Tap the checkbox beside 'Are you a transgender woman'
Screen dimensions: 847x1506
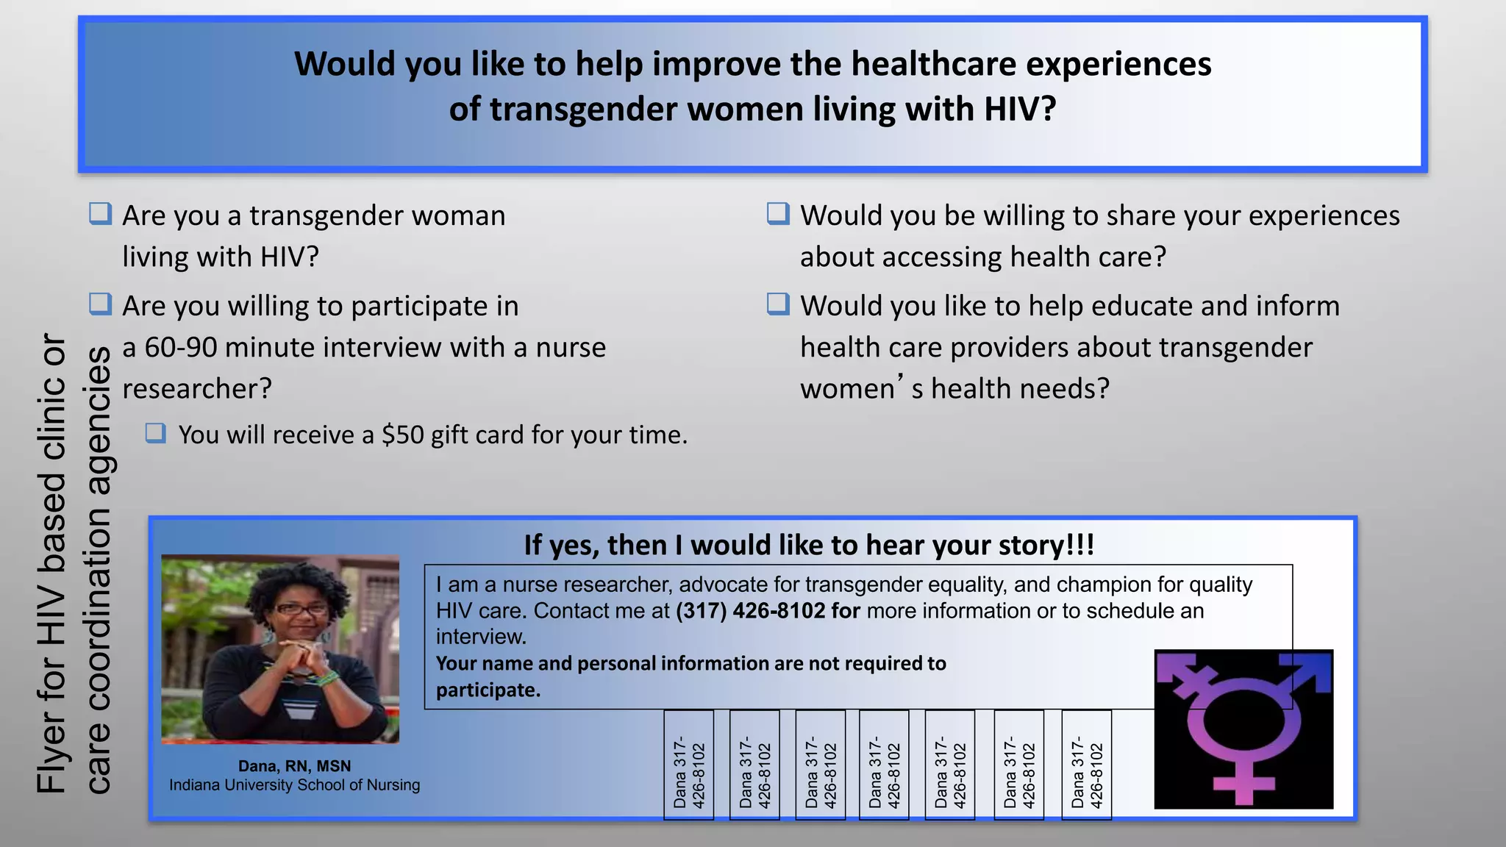tap(100, 214)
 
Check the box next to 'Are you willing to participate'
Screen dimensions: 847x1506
tap(100, 304)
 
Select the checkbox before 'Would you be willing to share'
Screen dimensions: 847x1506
tap(778, 214)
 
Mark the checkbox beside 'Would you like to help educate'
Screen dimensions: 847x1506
tap(778, 304)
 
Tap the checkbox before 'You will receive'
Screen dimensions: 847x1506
tap(155, 433)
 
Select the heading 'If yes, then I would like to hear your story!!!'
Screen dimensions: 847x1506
tap(809, 546)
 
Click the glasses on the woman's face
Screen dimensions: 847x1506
tap(301, 609)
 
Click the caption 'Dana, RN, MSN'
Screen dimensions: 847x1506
tap(294, 766)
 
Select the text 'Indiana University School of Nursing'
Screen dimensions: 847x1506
tap(294, 785)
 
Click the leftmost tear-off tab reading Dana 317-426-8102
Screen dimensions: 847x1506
tap(689, 765)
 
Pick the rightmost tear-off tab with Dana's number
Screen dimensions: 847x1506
tap(1087, 765)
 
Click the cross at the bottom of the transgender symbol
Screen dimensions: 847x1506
tap(1243, 783)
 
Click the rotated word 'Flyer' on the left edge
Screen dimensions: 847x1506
tap(51, 751)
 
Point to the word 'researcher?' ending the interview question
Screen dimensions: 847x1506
tap(197, 389)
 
